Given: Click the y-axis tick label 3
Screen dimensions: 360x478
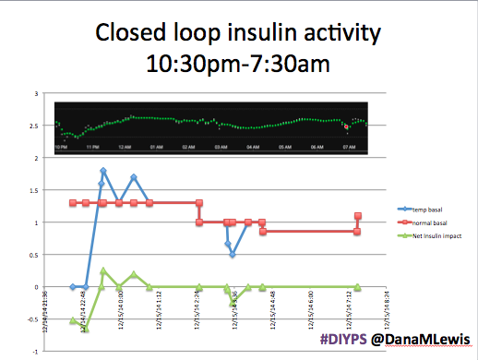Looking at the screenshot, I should tap(35, 93).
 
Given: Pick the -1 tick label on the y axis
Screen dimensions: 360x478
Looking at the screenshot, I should tap(33, 352).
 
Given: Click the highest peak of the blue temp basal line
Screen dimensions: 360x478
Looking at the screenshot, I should tap(103, 171).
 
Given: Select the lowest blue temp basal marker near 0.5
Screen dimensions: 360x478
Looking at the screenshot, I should tap(233, 255).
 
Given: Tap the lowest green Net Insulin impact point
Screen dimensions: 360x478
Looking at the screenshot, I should tap(85, 329).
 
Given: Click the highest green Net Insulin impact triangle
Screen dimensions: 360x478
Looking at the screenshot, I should tap(103, 271).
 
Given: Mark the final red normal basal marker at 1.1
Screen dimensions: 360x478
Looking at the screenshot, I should tap(358, 216).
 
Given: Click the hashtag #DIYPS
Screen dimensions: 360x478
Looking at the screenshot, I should tap(343, 341).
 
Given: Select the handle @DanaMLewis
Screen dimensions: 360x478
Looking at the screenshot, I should tap(417, 341).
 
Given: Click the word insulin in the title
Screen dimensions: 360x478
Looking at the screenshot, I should tap(269, 35).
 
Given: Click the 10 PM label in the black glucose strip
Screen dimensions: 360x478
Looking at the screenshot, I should tap(61, 147).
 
